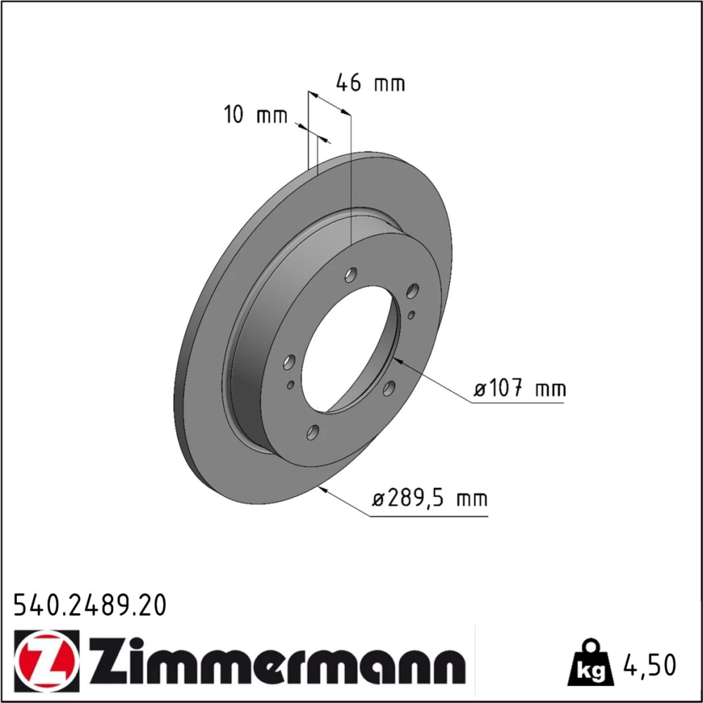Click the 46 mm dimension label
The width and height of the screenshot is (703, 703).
coord(370,83)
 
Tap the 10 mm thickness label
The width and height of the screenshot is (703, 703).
coord(255,115)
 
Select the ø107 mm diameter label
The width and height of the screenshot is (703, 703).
coord(520,388)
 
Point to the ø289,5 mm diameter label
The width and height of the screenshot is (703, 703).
coord(430,498)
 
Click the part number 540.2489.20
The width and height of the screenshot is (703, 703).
coord(90,605)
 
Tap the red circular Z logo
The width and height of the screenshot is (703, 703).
coord(46,660)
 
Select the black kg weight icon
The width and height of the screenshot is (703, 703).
coord(590,663)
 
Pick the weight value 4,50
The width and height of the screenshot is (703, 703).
coord(650,665)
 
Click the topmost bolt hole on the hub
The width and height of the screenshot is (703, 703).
coord(351,274)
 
